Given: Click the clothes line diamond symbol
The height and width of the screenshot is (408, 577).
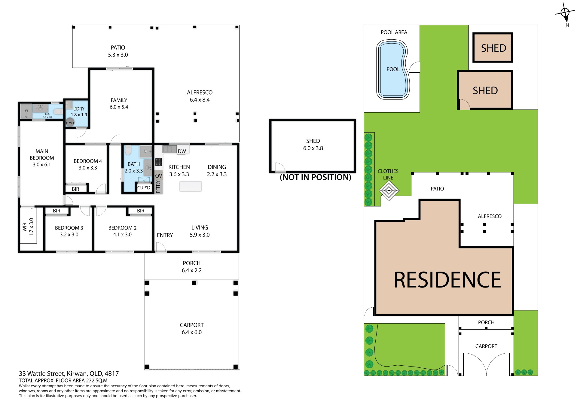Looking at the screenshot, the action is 389,190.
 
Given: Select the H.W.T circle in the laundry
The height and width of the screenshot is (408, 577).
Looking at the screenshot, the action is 70,122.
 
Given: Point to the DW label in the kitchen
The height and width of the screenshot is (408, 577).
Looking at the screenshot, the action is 182,151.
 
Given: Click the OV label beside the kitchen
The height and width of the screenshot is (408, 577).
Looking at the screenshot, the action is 158,176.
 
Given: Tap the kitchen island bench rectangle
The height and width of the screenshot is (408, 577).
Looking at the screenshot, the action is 191,186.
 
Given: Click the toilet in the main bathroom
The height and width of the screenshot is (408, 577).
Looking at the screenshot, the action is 128,150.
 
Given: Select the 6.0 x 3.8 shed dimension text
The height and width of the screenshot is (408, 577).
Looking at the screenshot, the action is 313,148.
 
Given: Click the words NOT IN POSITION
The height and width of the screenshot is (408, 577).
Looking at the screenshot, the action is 315,177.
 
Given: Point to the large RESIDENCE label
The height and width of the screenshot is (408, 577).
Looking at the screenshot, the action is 447,280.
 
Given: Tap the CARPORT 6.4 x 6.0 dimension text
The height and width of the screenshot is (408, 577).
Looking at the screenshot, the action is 191,332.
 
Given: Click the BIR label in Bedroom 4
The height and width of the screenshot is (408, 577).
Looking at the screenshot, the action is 75,189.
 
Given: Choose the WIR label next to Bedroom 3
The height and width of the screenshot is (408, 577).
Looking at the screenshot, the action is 25,227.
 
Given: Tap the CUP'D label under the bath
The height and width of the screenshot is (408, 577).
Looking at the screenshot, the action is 144,188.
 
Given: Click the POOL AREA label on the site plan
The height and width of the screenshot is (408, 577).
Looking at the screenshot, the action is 394,32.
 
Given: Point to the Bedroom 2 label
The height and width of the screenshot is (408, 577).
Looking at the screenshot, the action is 122,228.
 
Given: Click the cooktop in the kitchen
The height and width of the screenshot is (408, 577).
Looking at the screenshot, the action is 158,162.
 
